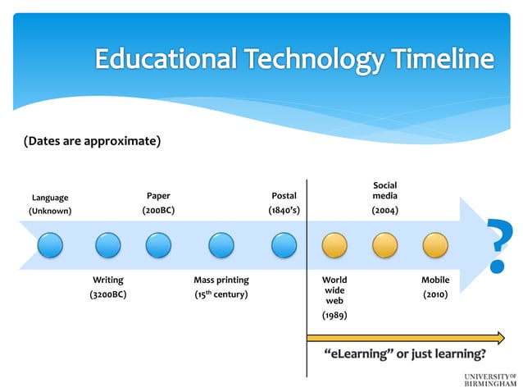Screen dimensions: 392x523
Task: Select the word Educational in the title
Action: pos(163,59)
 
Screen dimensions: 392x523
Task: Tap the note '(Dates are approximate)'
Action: pos(85,141)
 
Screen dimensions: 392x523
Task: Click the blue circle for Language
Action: pos(49,245)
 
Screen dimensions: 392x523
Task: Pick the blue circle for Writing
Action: pos(107,245)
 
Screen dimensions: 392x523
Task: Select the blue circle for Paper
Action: pos(158,245)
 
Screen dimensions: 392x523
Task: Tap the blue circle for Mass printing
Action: pos(221,245)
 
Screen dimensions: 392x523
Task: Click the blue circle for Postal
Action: pos(284,245)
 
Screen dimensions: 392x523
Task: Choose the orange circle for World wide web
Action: pos(334,245)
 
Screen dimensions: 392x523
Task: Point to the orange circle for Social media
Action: pos(384,245)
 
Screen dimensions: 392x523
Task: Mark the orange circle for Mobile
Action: pos(435,245)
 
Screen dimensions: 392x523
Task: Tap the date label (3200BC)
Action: pos(107,294)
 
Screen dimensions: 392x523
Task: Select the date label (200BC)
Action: pos(158,211)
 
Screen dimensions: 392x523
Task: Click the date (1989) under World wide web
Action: pos(334,314)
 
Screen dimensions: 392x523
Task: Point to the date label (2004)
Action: pos(385,211)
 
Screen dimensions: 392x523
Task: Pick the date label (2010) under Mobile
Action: pos(435,294)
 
